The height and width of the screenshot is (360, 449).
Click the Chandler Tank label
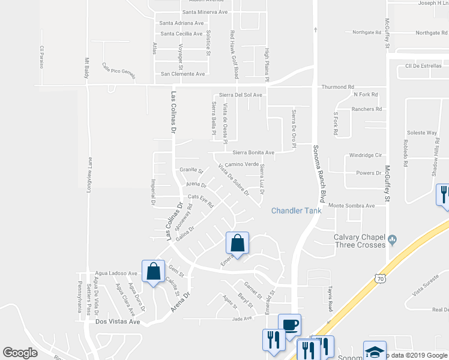[296, 211]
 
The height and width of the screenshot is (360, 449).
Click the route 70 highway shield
[379, 278]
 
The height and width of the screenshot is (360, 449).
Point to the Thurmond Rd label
[337, 86]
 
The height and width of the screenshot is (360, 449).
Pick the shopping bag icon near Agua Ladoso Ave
[153, 272]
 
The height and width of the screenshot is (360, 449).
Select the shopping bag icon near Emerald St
[237, 244]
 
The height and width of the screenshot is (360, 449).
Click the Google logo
[21, 353]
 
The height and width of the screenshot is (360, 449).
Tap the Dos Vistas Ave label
[118, 322]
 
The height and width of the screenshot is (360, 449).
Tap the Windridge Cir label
[365, 155]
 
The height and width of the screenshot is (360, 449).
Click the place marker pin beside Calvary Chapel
[393, 240]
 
